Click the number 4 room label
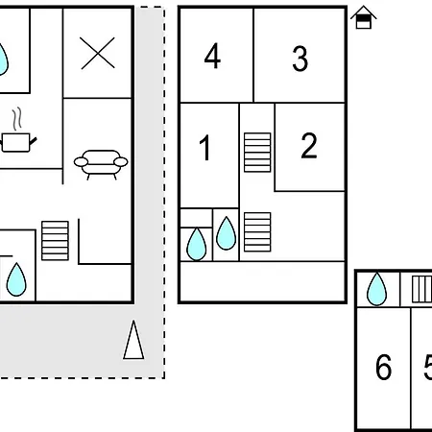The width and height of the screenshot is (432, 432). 212,56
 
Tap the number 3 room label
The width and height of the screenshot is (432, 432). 300,59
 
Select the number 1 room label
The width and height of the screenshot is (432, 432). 204,148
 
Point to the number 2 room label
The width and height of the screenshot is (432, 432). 309,146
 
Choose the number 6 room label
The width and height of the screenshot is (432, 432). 383,367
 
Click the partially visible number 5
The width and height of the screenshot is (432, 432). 428,368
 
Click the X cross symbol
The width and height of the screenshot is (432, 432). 98,53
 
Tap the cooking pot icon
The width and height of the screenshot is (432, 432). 18,143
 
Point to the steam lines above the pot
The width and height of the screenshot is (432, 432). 17,119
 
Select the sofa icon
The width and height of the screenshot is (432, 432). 101,164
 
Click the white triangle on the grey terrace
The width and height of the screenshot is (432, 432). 133,340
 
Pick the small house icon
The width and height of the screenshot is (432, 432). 364,17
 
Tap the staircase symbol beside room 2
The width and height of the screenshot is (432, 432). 257,153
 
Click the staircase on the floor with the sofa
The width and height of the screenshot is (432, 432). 55,241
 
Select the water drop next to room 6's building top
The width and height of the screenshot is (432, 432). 376,289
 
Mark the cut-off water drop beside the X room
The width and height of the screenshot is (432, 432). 3,60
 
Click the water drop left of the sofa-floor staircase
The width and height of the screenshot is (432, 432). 16,279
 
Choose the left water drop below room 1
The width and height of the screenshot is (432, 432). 196,245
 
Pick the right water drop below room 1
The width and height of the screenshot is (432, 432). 227,233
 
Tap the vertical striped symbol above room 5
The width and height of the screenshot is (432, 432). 421,289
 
